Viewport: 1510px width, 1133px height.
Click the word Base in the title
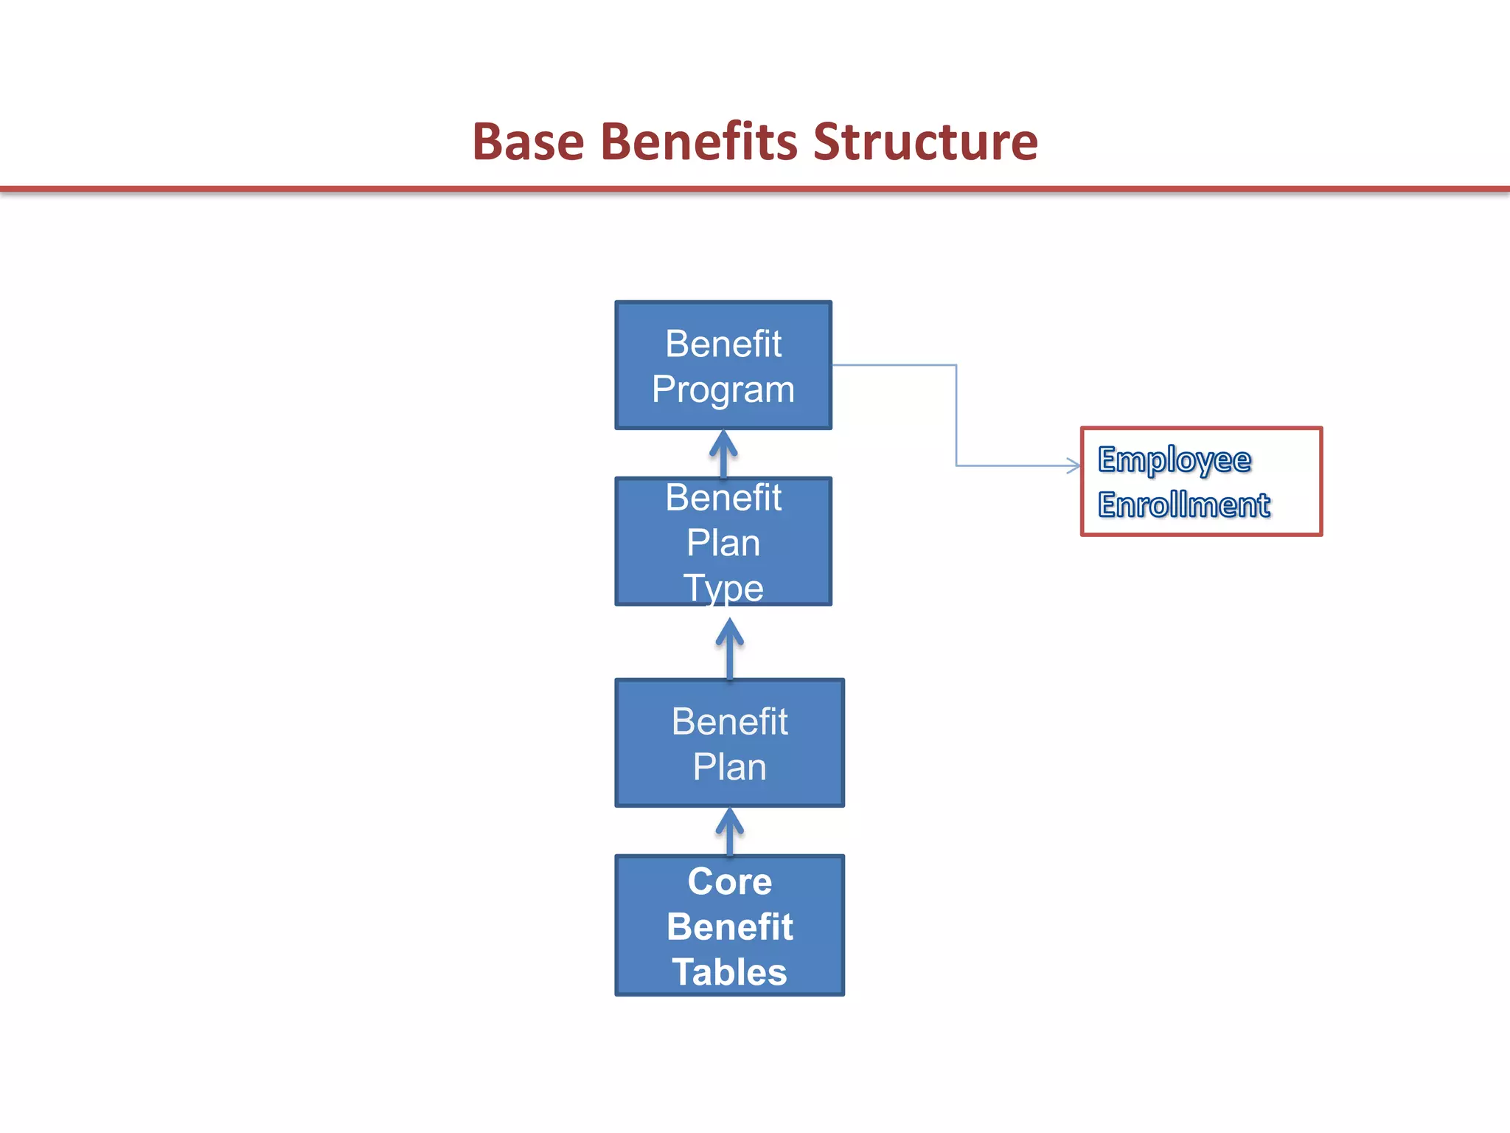click(x=528, y=142)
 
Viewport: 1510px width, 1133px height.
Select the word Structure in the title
click(x=925, y=142)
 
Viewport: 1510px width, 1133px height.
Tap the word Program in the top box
click(x=723, y=389)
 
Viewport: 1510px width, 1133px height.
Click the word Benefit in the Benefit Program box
click(x=723, y=344)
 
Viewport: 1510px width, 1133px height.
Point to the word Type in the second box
click(x=723, y=588)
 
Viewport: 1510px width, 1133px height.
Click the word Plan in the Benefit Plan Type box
click(x=723, y=543)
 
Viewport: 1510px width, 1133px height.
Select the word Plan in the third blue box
click(x=729, y=767)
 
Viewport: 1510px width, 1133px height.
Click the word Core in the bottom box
click(x=729, y=881)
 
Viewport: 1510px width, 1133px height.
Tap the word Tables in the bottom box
click(x=729, y=972)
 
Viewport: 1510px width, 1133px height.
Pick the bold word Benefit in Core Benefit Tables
click(x=729, y=926)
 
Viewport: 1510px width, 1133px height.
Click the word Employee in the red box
click(x=1174, y=460)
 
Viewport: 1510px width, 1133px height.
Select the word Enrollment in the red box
click(x=1183, y=505)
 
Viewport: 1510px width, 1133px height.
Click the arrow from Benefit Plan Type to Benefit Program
click(x=723, y=453)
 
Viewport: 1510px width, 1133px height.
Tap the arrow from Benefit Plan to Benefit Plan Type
click(x=729, y=648)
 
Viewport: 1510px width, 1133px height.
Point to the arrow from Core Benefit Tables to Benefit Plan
click(x=729, y=831)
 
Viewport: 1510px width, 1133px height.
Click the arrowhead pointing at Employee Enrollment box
click(x=1074, y=465)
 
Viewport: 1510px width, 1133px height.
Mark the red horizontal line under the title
click(x=755, y=190)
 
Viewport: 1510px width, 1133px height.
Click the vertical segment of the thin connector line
click(x=956, y=415)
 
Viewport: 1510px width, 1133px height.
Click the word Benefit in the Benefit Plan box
click(x=729, y=721)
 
